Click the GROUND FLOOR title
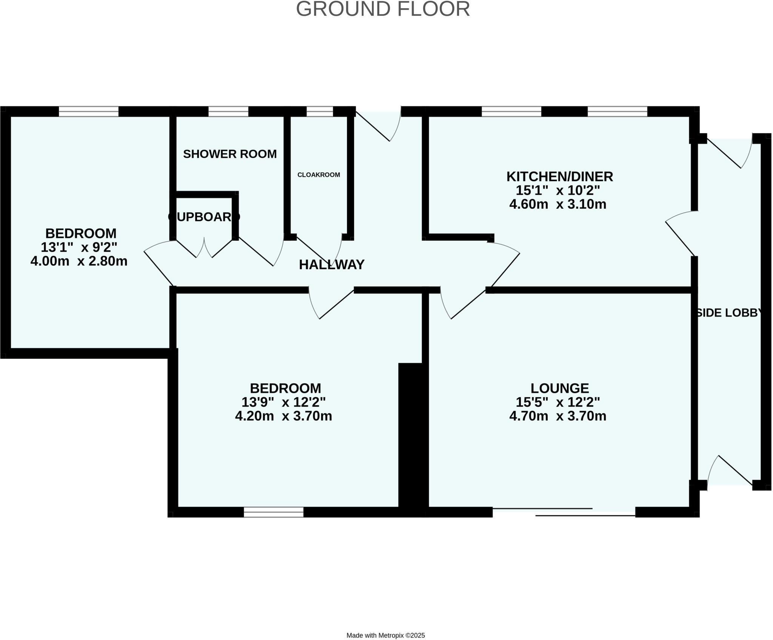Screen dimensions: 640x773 (383, 9)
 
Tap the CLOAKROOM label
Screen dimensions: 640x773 (319, 175)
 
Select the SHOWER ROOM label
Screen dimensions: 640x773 (230, 154)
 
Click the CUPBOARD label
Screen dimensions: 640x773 (204, 217)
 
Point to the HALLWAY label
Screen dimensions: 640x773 (331, 265)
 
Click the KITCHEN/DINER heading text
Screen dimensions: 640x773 (559, 176)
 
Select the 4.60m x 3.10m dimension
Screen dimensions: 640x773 (557, 204)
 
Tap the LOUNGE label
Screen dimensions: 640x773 (559, 388)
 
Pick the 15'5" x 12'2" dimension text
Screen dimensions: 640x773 (557, 402)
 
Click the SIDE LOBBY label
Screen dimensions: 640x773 (728, 313)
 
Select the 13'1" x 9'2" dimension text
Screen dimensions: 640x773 (79, 247)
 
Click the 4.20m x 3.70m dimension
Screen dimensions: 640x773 (283, 416)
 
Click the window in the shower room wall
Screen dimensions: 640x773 (228, 111)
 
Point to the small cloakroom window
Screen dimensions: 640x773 (319, 111)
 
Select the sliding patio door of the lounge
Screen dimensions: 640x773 (564, 512)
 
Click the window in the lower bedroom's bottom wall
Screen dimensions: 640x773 (273, 512)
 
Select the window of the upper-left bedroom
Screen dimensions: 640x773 (89, 111)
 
